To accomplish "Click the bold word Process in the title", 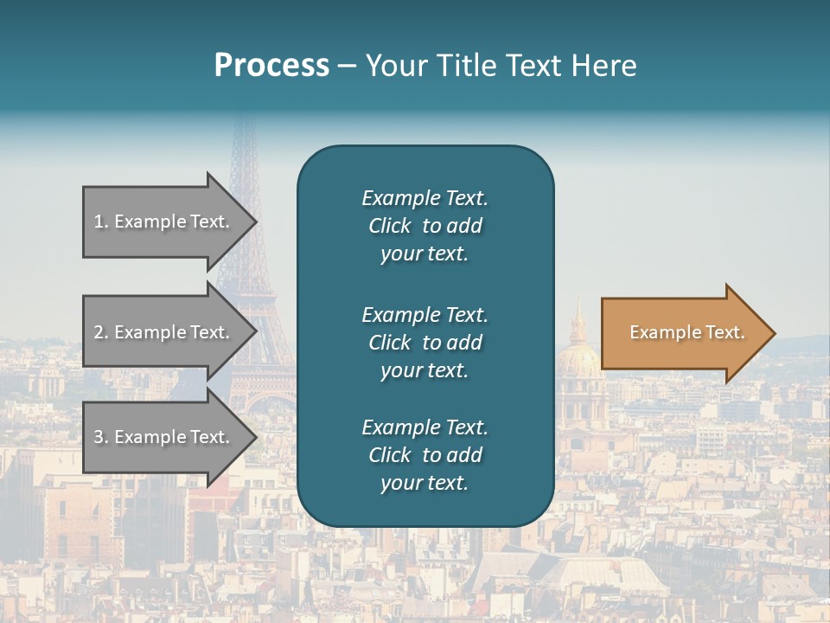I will coord(271,66).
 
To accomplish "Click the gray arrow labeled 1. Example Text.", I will coord(164,222).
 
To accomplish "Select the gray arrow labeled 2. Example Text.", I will coord(164,332).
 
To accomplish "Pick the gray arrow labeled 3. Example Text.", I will coord(164,437).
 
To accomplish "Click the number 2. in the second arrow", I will coord(101,332).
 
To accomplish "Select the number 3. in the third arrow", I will coord(101,437).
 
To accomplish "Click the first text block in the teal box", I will coord(425,226).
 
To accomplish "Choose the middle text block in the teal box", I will coord(425,342).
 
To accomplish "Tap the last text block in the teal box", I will coord(425,455).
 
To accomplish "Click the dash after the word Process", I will coord(348,66).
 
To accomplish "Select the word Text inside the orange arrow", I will coord(725,332).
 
